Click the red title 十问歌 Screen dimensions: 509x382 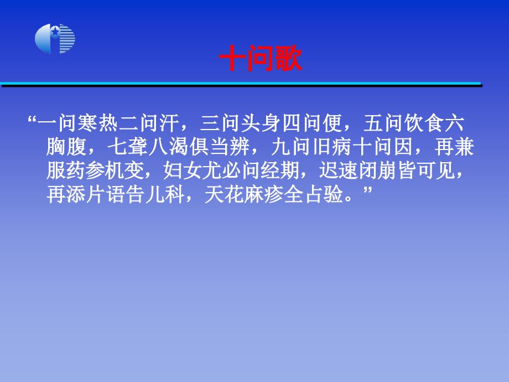(261, 59)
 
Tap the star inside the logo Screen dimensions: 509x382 (55, 32)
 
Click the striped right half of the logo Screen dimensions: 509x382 (67, 39)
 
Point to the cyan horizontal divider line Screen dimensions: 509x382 (240, 84)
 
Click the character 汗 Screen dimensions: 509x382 (169, 123)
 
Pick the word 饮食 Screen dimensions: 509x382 (424, 123)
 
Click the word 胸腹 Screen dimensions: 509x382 (66, 147)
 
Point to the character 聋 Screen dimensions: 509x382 (137, 147)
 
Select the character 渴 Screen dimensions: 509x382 (179, 147)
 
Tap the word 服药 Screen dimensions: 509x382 (66, 171)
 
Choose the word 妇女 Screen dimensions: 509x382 (183, 171)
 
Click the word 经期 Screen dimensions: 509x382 (280, 171)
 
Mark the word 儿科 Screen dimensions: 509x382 (165, 194)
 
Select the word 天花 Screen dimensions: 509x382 (225, 194)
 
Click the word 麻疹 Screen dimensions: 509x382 (264, 194)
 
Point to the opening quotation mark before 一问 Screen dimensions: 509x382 (32, 119)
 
